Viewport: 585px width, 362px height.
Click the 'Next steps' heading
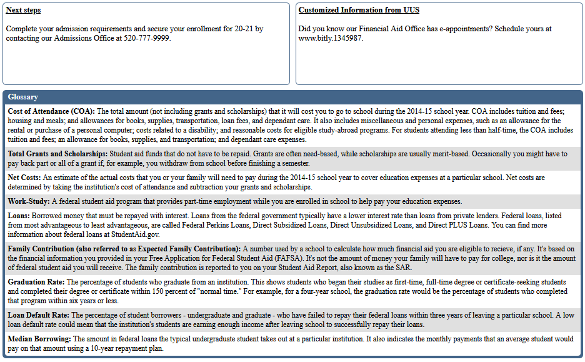[x=23, y=10]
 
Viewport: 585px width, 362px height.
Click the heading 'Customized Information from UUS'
[x=359, y=10]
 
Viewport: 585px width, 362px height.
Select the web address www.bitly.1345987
[x=330, y=38]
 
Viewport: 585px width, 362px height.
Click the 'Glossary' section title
[x=23, y=97]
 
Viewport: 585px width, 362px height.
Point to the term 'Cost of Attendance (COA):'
[x=51, y=111]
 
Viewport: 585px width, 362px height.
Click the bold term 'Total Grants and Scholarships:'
[x=57, y=154]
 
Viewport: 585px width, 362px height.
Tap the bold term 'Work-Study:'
[x=29, y=201]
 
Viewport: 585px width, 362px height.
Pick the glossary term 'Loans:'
[x=19, y=216]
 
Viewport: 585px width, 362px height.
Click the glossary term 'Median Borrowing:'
[x=39, y=339]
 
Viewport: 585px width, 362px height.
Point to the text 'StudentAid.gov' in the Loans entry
[x=136, y=234]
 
